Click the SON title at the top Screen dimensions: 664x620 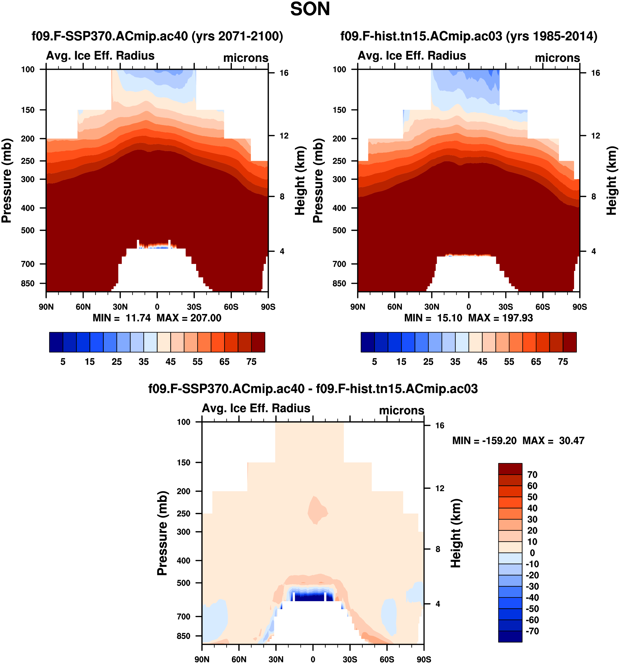click(x=310, y=9)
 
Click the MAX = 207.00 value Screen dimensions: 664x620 click(x=189, y=318)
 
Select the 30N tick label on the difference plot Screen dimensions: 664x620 click(x=276, y=659)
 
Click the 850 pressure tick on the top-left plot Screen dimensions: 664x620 click(x=28, y=283)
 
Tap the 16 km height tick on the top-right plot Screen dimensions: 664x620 click(x=595, y=73)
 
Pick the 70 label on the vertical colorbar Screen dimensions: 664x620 click(x=532, y=475)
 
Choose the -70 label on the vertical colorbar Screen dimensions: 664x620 click(x=532, y=631)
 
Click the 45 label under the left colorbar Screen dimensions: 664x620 click(x=171, y=362)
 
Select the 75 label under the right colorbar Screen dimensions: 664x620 click(x=563, y=362)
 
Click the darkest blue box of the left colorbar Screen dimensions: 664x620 click(x=56, y=342)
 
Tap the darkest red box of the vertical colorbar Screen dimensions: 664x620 click(x=510, y=469)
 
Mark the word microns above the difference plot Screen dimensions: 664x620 click(x=401, y=410)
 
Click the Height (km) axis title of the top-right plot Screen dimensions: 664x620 click(x=612, y=180)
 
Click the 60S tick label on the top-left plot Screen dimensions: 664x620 click(x=231, y=307)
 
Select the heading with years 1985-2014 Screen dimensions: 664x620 click(x=469, y=36)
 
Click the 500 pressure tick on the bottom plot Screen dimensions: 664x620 click(x=183, y=583)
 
